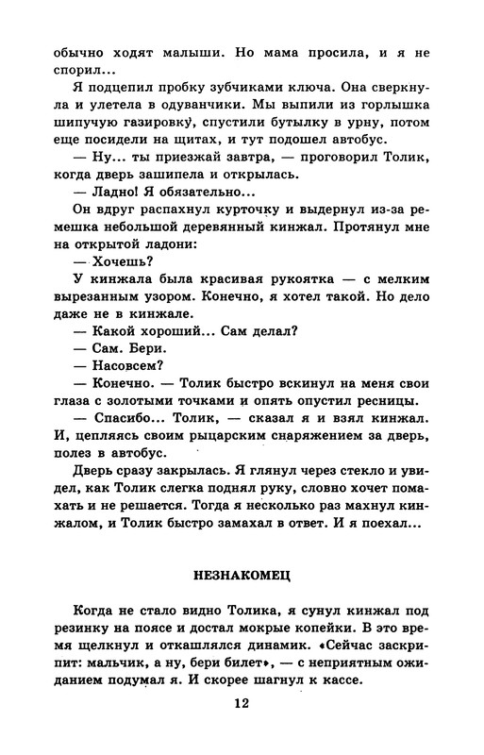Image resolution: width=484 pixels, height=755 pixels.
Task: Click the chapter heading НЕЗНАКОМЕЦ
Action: tap(242, 573)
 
